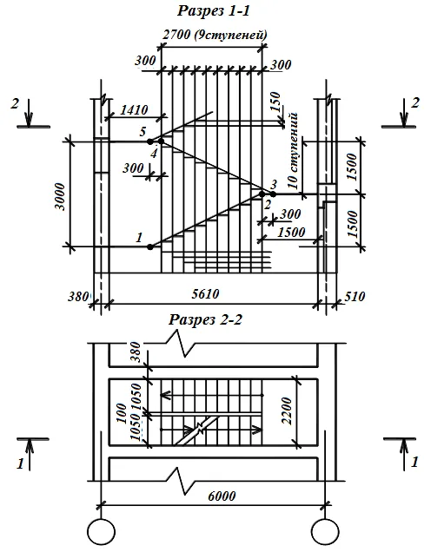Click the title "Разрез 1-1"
214,10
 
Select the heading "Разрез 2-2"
205,319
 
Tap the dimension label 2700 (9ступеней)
215,35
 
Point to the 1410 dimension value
134,110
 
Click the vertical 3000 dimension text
61,196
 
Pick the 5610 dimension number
205,293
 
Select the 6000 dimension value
222,496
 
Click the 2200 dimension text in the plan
288,411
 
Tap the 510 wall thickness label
355,297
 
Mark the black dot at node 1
150,246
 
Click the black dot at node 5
150,141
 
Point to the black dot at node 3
273,194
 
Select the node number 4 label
154,154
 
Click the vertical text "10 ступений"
293,151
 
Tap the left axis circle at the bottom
101,531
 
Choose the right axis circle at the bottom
325,531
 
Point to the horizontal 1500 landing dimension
291,233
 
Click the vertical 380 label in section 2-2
135,352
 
